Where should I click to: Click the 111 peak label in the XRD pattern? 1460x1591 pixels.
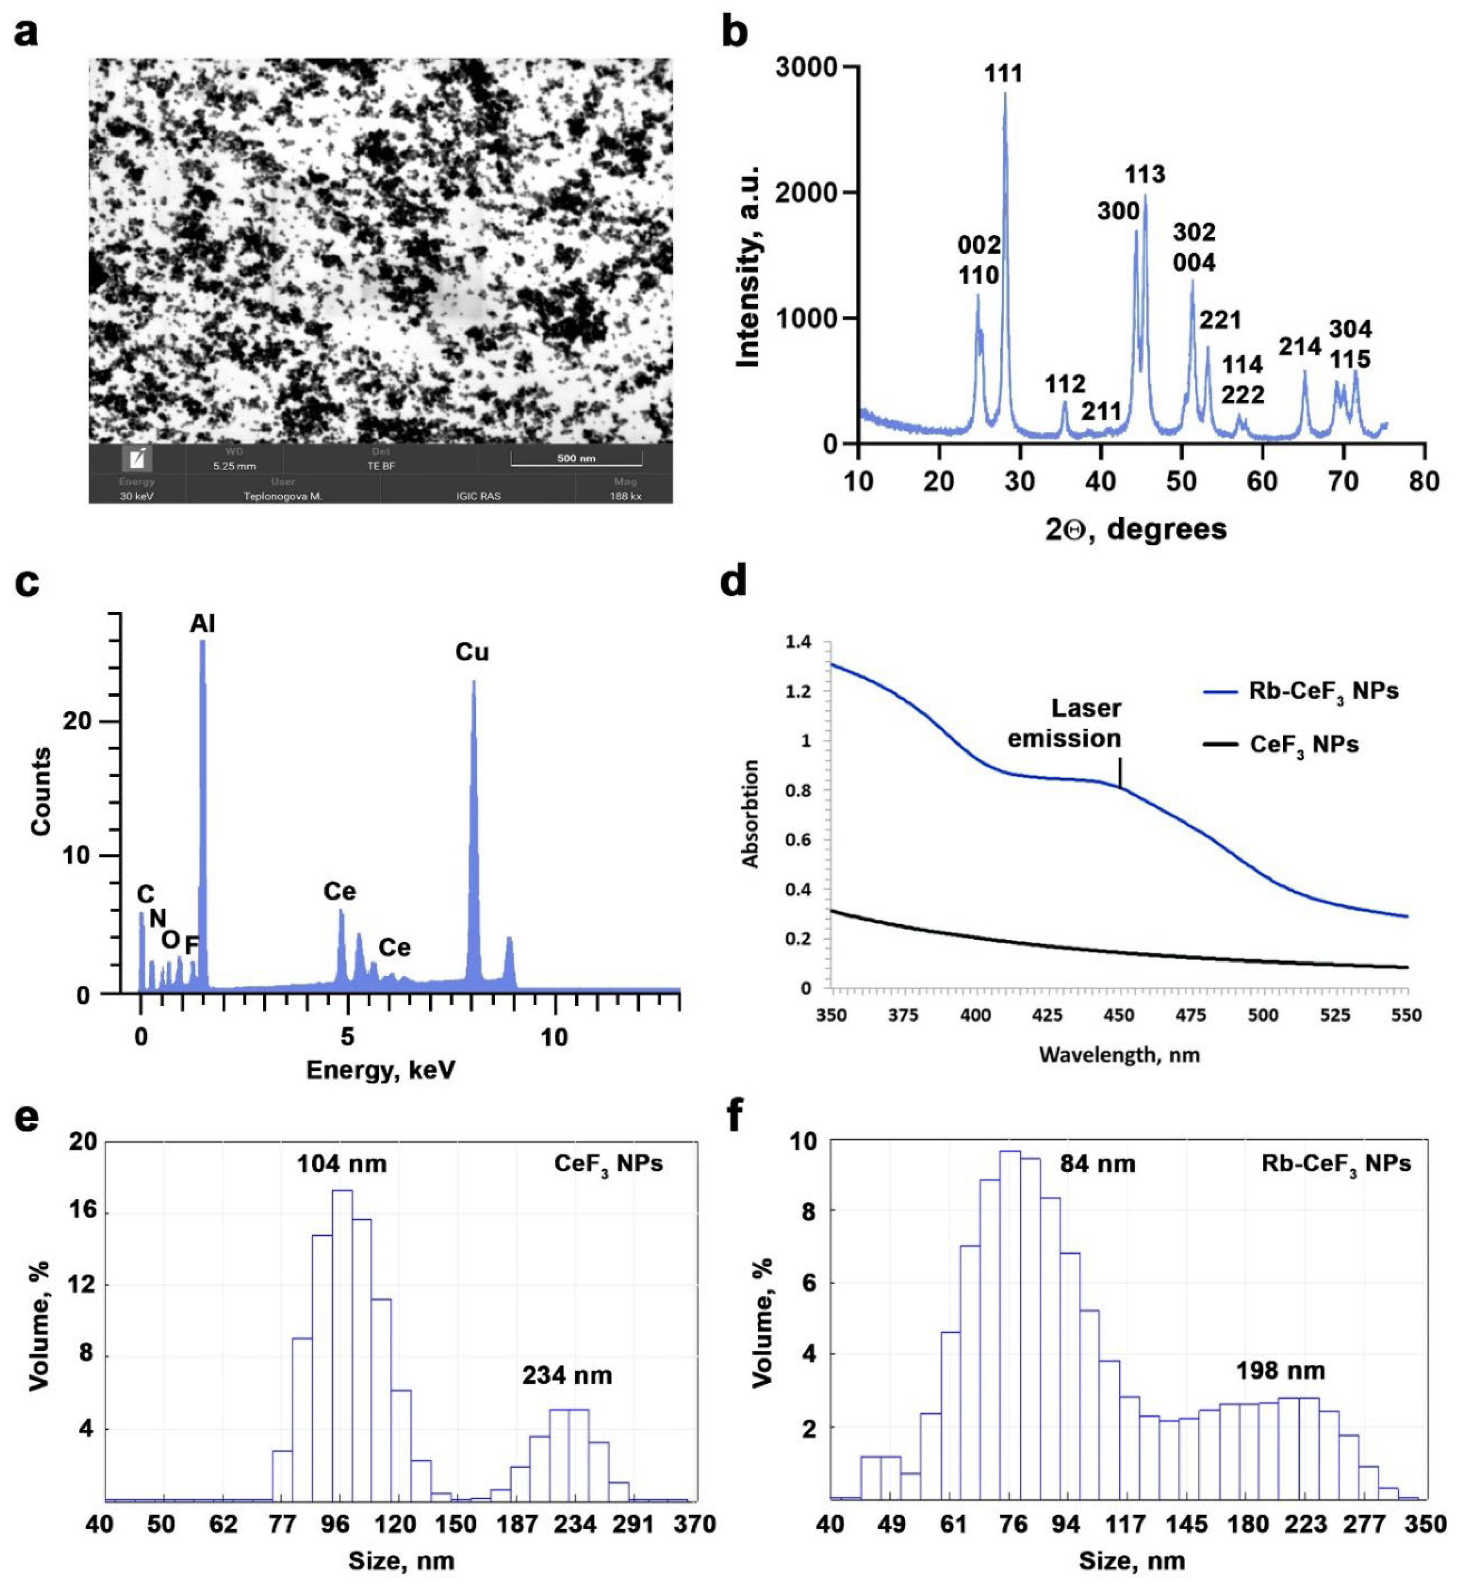pyautogui.click(x=1003, y=74)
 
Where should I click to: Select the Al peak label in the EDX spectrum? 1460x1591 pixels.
pyautogui.click(x=202, y=624)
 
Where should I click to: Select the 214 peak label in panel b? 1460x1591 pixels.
pyautogui.click(x=1300, y=346)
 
